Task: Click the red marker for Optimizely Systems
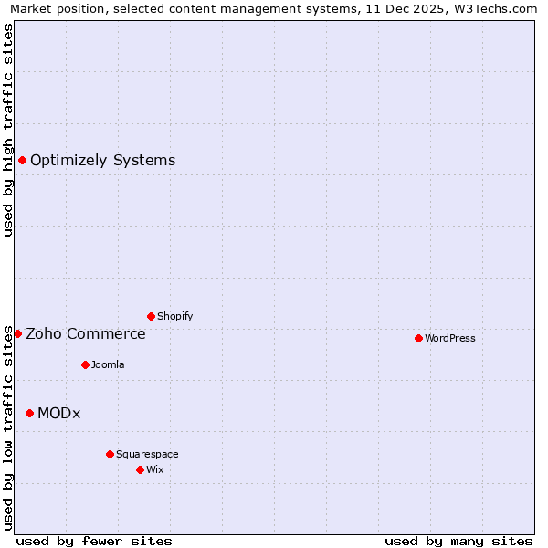coord(22,161)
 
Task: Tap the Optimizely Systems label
coord(102,161)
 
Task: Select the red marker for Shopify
coord(151,316)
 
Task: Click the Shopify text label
coord(174,317)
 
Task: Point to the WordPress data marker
coord(418,338)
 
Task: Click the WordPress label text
coord(449,339)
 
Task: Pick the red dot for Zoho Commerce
coord(17,333)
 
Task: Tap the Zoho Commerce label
coord(85,334)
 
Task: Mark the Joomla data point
coord(85,364)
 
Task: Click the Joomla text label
coord(108,365)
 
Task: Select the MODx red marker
coord(29,413)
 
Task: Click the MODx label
coord(58,414)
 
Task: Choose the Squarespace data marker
coord(110,454)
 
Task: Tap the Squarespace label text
coord(147,455)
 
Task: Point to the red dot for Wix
coord(140,469)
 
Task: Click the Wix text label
coord(155,470)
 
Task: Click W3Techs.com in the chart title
coord(494,9)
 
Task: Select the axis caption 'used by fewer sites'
coord(94,541)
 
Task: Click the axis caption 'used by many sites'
coord(458,541)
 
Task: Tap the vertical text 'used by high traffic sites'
coord(9,130)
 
